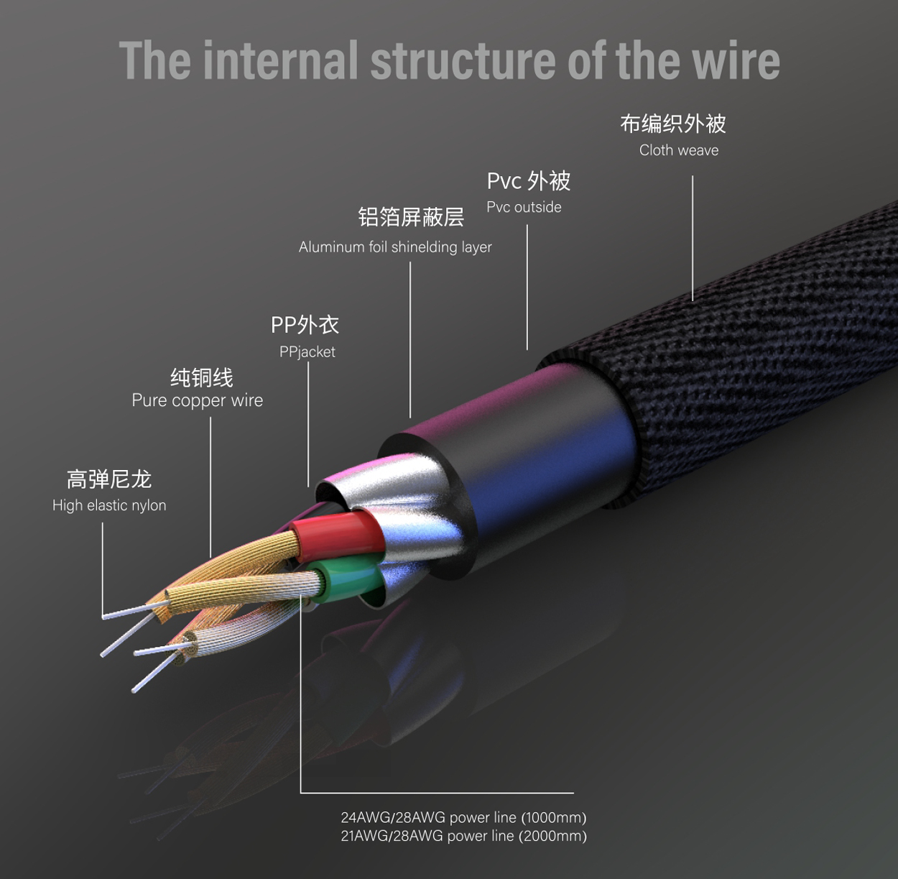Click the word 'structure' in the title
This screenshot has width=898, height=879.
tap(463, 60)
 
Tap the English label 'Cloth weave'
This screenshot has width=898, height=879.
tap(679, 150)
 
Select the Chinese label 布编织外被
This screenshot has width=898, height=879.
tap(673, 124)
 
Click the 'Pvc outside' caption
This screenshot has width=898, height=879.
tap(524, 207)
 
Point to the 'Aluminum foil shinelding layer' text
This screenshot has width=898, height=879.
tap(395, 247)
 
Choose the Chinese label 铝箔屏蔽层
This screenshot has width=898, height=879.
tap(411, 217)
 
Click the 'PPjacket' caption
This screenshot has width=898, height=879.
tap(307, 351)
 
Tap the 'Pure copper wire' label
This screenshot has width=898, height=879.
tap(198, 400)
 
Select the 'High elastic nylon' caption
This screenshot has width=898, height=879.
tap(109, 505)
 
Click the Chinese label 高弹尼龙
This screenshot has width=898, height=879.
tap(109, 479)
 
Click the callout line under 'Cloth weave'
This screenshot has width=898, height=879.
tap(693, 238)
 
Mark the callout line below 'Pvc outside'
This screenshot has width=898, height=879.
tap(527, 287)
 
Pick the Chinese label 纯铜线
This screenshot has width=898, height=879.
tap(202, 377)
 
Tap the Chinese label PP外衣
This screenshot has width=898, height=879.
tap(305, 325)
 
